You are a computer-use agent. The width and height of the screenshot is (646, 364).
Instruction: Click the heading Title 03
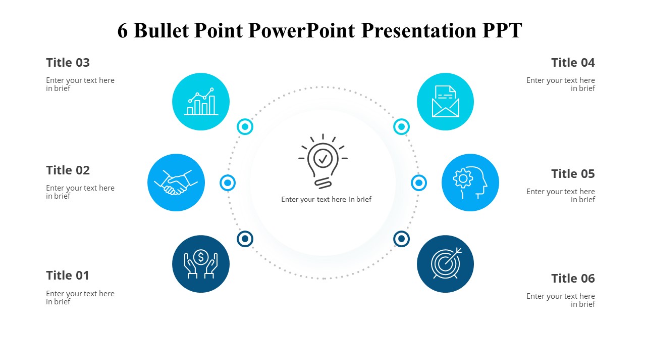click(x=68, y=63)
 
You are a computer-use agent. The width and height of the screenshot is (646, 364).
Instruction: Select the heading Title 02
click(x=68, y=170)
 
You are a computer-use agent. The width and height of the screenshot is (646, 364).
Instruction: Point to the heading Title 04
click(x=573, y=63)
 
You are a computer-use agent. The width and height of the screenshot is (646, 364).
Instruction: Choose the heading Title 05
click(x=573, y=174)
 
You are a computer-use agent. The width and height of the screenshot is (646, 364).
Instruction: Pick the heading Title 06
click(x=573, y=279)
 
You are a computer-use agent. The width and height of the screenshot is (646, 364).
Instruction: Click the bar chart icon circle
click(x=201, y=102)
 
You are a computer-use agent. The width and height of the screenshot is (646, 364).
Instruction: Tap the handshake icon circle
click(x=176, y=183)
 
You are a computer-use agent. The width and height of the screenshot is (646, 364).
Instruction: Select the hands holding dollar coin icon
click(x=201, y=264)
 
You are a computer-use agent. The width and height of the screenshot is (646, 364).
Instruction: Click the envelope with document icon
click(x=445, y=102)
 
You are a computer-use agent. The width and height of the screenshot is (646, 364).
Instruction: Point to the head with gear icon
click(x=470, y=183)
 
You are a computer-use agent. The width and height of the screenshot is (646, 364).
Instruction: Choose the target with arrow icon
click(x=445, y=264)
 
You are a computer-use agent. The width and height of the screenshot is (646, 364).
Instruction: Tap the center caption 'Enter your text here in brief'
click(x=326, y=199)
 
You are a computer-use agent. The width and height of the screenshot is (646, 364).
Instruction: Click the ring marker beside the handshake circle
click(x=228, y=183)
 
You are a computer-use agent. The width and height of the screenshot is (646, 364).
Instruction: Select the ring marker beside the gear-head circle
click(x=419, y=183)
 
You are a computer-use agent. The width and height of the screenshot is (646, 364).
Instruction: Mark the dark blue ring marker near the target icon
click(x=401, y=239)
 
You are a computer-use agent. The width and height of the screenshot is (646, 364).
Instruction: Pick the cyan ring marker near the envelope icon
click(x=401, y=126)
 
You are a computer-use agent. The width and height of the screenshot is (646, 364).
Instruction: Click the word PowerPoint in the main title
click(x=302, y=31)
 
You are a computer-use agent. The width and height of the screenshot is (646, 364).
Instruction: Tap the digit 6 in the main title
click(x=123, y=31)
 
